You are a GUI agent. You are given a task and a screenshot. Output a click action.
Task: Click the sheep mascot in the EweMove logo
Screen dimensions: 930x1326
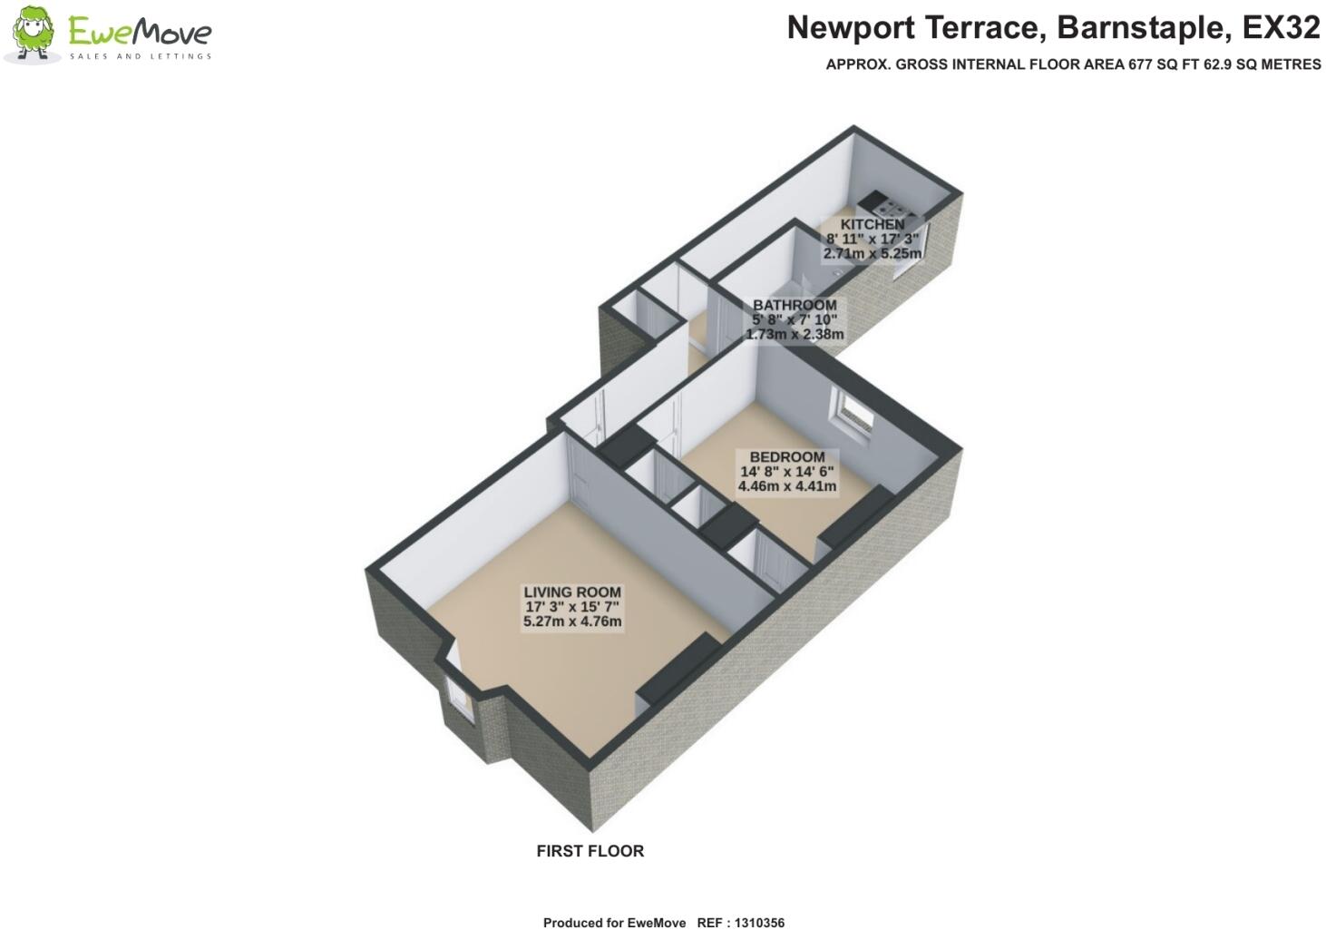click(33, 34)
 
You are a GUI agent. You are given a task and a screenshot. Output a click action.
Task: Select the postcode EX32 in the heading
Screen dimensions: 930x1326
click(1280, 28)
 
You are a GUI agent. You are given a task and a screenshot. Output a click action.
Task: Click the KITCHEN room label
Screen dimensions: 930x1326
click(872, 224)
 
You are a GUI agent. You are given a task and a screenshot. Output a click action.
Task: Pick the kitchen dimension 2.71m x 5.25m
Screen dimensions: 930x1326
click(872, 254)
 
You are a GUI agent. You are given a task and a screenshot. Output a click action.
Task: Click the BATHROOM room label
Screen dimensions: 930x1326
click(794, 305)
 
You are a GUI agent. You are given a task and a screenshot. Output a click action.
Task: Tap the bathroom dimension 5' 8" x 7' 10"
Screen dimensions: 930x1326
click(794, 319)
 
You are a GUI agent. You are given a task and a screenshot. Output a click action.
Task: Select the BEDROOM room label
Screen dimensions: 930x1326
click(786, 457)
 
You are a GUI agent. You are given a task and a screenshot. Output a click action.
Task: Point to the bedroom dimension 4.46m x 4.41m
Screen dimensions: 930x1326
click(786, 486)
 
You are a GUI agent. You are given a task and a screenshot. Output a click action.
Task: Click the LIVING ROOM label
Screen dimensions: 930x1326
click(571, 592)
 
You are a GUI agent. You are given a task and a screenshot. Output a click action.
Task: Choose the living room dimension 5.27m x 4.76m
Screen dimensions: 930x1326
click(571, 622)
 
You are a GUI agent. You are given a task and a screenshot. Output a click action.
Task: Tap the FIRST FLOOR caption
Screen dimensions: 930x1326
click(590, 851)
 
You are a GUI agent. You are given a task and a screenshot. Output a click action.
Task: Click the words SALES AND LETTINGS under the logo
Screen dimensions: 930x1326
click(141, 56)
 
